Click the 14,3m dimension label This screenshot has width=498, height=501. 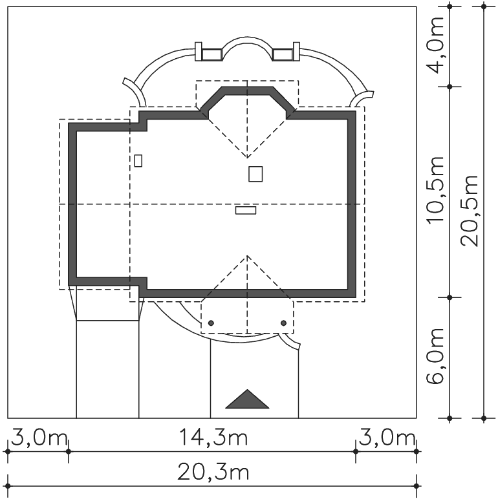coord(213,438)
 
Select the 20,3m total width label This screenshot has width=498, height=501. coord(213,473)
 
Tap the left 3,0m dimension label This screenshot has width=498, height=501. coord(39,438)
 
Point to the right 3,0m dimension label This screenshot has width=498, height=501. coord(387,438)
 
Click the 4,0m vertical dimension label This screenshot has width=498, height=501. coord(435,45)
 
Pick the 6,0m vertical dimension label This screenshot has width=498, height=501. coord(435,356)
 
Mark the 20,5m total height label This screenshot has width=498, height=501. coord(470,211)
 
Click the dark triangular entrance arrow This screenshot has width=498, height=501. coord(247,399)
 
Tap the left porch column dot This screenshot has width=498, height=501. coord(211,323)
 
